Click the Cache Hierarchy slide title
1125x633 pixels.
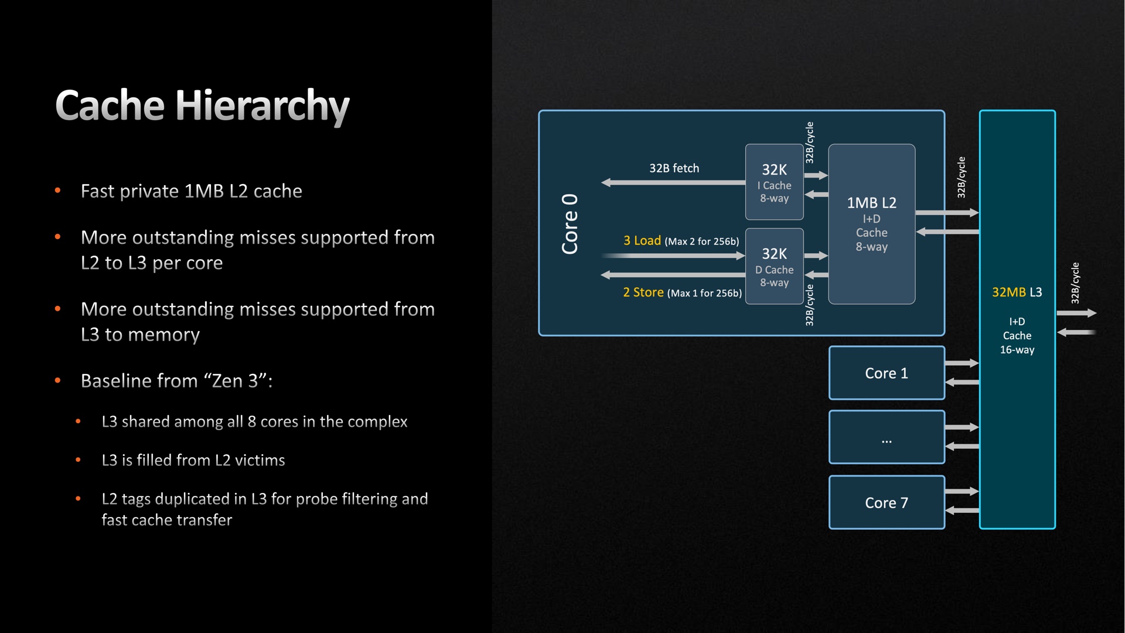[x=202, y=106]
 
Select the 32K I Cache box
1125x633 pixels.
[x=774, y=182]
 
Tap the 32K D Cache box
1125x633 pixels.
[x=774, y=267]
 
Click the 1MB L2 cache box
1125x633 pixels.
[x=871, y=224]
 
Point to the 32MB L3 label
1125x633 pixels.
[x=1017, y=292]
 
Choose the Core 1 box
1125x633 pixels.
[x=886, y=373]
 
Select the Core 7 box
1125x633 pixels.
[x=886, y=503]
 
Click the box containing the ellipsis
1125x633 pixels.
[x=886, y=438]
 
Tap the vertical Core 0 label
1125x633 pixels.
[x=570, y=223]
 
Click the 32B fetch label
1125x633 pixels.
[x=674, y=168]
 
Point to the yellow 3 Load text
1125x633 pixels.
[x=642, y=240]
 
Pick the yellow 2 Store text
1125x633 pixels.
[x=643, y=292]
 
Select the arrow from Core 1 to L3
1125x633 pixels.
[x=962, y=363]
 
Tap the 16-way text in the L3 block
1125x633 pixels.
[x=1017, y=350]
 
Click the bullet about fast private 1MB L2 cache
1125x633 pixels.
[x=191, y=191]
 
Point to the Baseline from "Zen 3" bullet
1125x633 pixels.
[x=176, y=381]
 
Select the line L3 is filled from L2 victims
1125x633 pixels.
[x=193, y=460]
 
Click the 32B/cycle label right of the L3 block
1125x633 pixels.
[x=1075, y=283]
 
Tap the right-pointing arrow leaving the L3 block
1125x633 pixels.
[x=1076, y=314]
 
